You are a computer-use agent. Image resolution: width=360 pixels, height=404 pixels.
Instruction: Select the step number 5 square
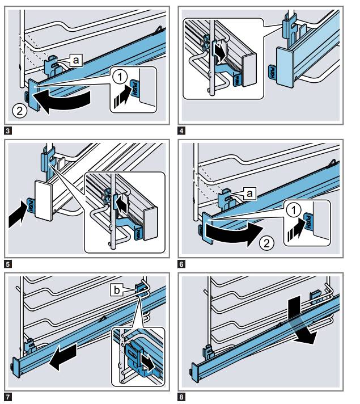(7, 263)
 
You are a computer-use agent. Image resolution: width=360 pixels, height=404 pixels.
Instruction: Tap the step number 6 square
(181, 263)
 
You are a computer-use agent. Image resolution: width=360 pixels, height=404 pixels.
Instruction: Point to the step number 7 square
(7, 397)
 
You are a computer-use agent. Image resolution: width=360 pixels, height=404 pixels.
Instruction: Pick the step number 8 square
(181, 397)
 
